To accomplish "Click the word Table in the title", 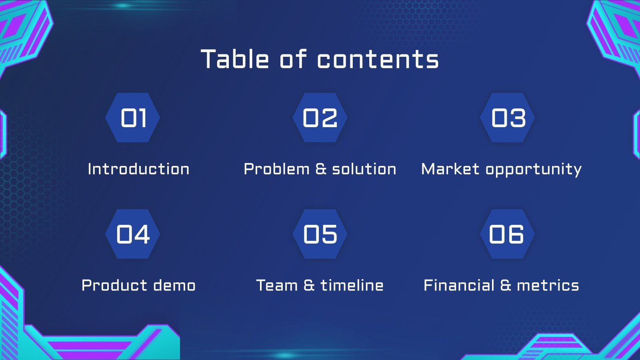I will (x=235, y=59).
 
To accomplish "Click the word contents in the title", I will (x=378, y=60).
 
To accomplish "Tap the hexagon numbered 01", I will (x=133, y=118).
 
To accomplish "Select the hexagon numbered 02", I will (x=320, y=118).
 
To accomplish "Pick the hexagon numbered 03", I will (x=508, y=118).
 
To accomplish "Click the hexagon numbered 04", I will (x=133, y=234).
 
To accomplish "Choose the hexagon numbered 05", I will (x=320, y=234).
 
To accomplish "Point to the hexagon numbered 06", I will (x=507, y=234).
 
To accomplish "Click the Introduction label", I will (x=138, y=169).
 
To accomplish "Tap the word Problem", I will (x=277, y=169).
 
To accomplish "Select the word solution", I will (x=364, y=169).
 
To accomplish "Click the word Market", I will (x=450, y=169).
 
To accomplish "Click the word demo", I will (x=174, y=285).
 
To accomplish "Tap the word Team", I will (x=277, y=285).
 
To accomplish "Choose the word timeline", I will (x=352, y=285).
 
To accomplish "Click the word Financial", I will (x=459, y=285).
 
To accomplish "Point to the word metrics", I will (x=548, y=285).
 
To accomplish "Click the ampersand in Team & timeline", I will (x=309, y=285).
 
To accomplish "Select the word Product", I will (x=114, y=285).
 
